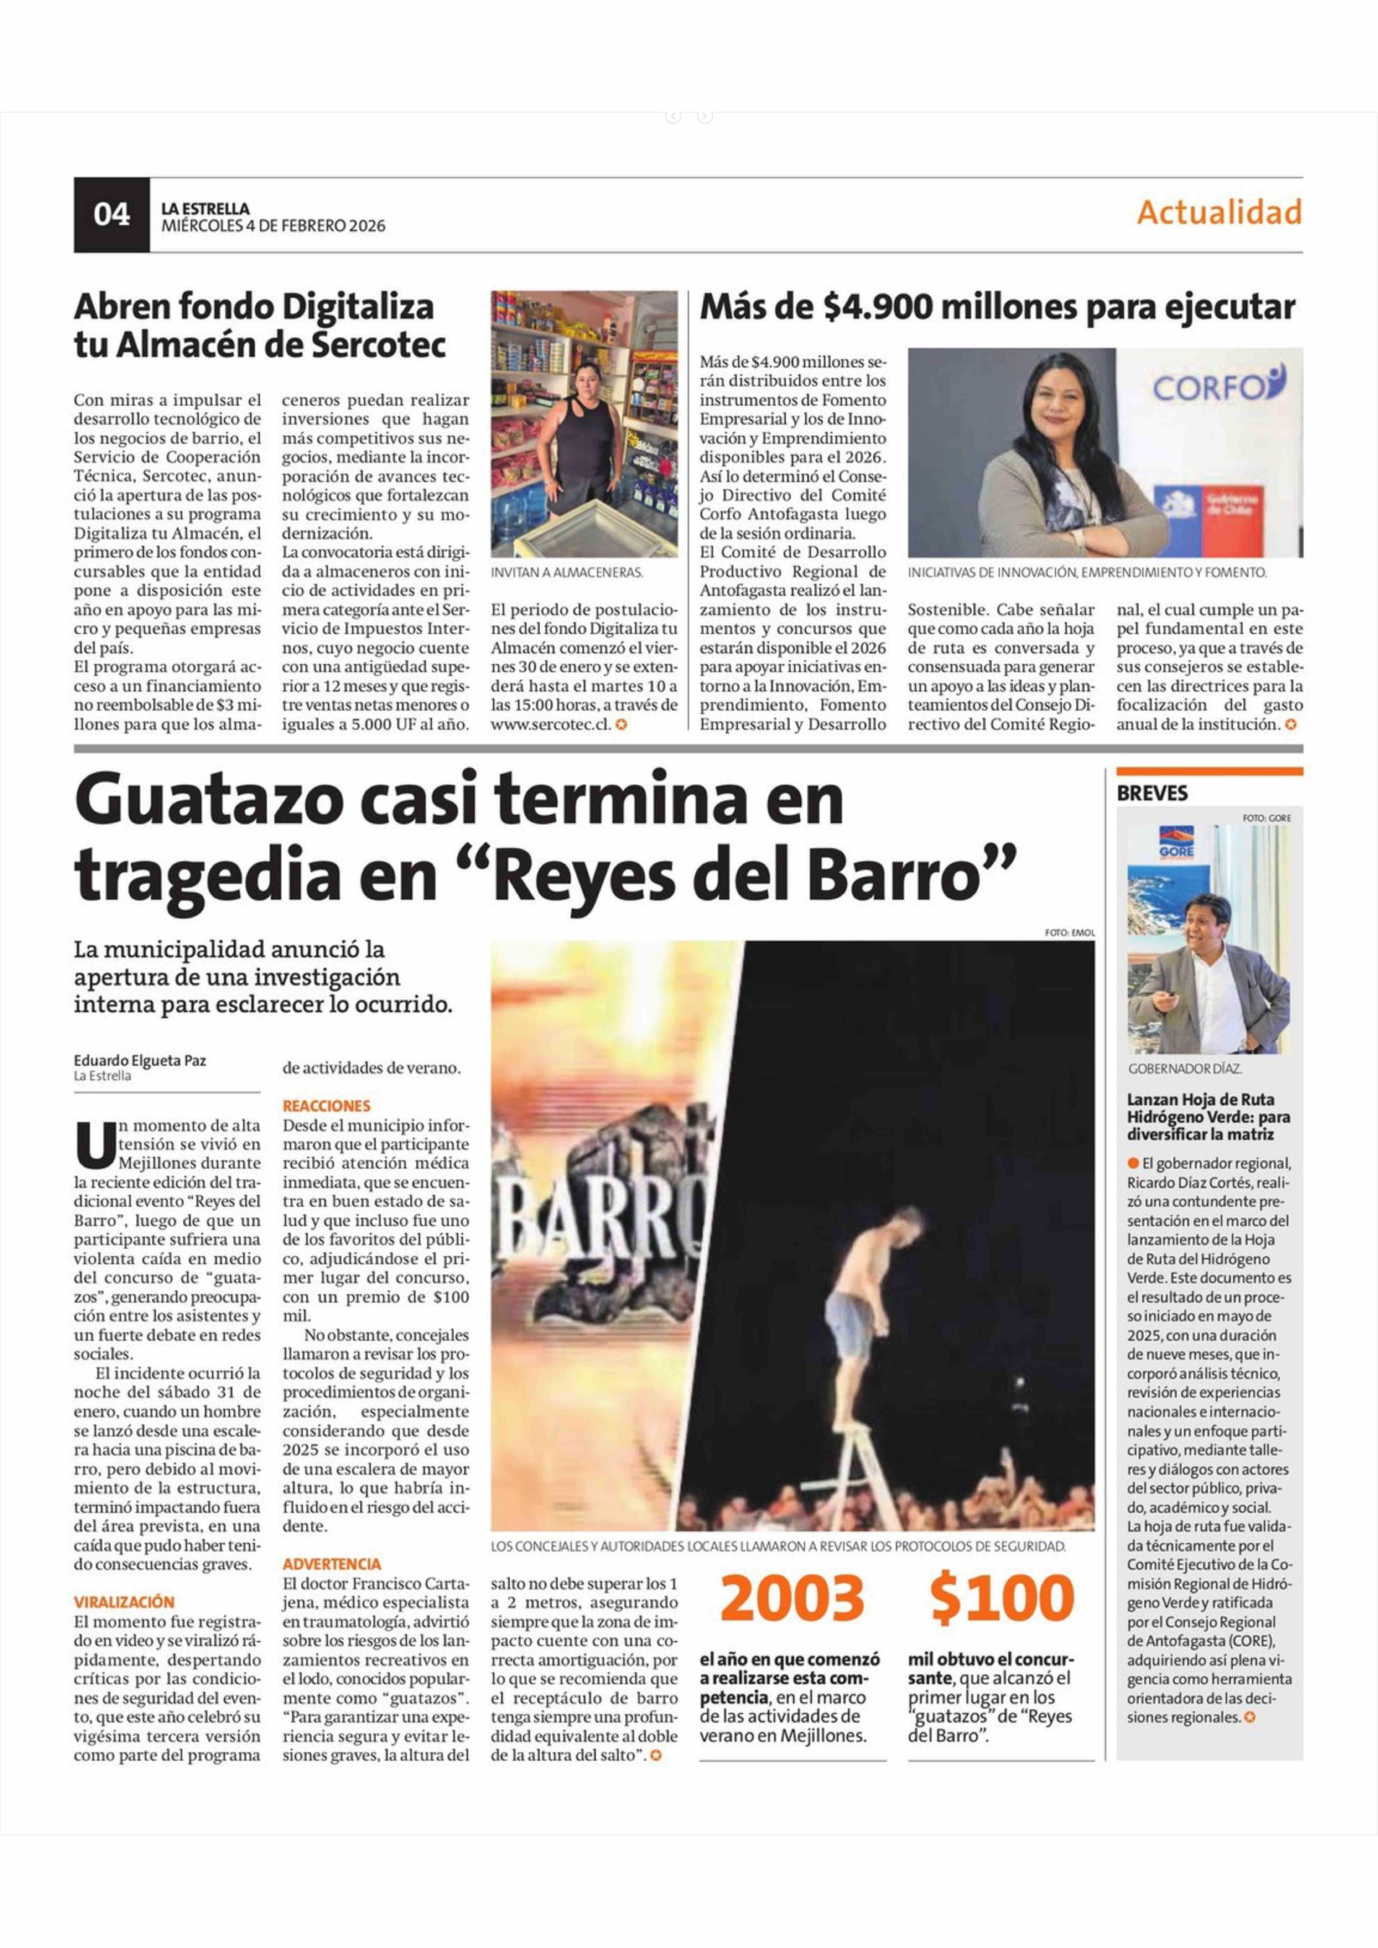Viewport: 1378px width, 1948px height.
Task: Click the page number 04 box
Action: click(x=111, y=215)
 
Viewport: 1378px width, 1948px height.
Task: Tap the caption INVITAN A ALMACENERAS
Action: click(x=567, y=573)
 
